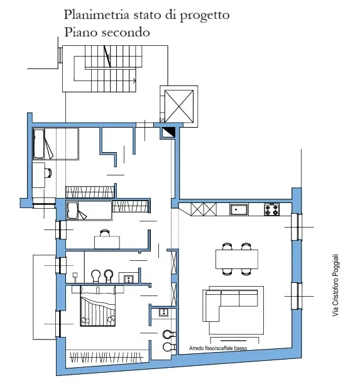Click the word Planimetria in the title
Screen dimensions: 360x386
click(97, 14)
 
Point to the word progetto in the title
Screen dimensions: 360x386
click(205, 16)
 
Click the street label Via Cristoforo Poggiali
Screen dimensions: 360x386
click(335, 285)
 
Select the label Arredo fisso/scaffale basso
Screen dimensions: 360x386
click(218, 348)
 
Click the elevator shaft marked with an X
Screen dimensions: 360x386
click(179, 106)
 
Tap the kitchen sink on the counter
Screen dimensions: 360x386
click(239, 209)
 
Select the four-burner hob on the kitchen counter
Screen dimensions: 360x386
click(271, 209)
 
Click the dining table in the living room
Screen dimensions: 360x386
click(237, 259)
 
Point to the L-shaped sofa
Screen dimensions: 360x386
click(230, 306)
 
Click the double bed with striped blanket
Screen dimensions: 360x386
click(97, 306)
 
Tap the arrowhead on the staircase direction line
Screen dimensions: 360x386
click(134, 80)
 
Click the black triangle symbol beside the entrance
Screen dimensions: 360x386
click(170, 131)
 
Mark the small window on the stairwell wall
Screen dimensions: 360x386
click(60, 55)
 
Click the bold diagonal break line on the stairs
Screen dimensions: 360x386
click(107, 57)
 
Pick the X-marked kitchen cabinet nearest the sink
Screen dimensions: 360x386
click(210, 209)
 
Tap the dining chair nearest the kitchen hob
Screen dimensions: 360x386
click(246, 246)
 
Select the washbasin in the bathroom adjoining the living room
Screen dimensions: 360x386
click(163, 312)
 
